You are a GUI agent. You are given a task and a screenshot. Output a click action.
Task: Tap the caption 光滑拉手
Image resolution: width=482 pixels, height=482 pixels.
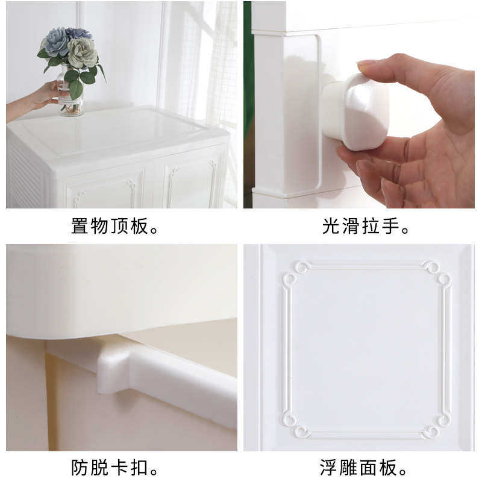[366, 227]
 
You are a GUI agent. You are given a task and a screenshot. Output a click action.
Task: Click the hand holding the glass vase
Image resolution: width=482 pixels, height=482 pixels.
[42, 95]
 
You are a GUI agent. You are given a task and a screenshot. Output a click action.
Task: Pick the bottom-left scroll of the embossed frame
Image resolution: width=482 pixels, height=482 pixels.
[295, 425]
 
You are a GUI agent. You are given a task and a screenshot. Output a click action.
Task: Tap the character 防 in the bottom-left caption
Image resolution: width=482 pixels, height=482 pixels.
[80, 467]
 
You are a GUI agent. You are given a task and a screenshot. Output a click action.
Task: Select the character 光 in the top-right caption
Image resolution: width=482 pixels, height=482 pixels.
[331, 227]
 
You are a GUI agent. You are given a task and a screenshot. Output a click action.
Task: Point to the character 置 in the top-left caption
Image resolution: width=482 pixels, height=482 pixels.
[80, 227]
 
